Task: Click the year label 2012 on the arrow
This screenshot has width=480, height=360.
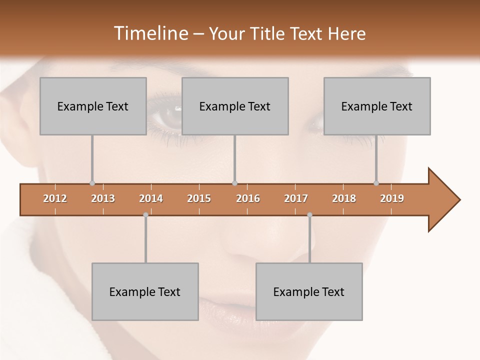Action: tap(55, 198)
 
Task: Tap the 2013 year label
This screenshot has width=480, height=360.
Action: tap(103, 198)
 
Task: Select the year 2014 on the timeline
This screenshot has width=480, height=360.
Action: tap(151, 198)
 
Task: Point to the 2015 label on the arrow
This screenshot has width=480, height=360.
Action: tap(199, 198)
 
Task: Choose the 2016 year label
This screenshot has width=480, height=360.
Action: tap(248, 198)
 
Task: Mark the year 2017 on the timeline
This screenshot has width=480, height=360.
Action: tap(296, 198)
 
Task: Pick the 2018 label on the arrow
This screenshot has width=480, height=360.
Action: tap(344, 198)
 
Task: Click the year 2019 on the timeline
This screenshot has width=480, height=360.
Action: tap(392, 198)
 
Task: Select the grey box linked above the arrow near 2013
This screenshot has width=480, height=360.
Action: tap(93, 106)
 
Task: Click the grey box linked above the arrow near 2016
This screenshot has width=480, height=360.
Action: tap(235, 106)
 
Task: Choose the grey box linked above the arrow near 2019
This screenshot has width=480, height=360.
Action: tap(377, 106)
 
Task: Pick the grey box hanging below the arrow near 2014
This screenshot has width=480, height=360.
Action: tap(145, 291)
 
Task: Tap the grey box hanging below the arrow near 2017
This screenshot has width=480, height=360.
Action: tap(309, 291)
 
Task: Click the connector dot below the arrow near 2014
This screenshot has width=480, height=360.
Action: tap(145, 214)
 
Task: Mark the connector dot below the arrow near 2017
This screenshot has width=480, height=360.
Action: tap(309, 214)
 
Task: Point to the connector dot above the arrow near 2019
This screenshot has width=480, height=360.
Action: tap(376, 183)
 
